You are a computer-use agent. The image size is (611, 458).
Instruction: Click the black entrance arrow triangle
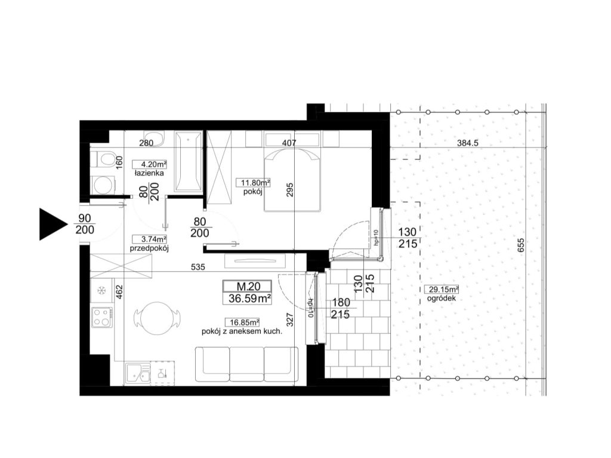[x=51, y=224]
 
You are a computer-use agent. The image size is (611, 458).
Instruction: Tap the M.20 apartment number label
[x=247, y=286]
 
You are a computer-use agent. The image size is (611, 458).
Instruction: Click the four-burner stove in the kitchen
[x=101, y=317]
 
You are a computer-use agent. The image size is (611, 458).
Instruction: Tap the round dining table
[x=157, y=318]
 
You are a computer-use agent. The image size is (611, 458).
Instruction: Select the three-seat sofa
[x=246, y=364]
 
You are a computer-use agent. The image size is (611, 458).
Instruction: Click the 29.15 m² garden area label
[x=441, y=290]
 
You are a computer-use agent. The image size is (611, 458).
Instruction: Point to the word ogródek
[x=441, y=299]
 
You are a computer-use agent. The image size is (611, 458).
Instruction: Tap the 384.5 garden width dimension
[x=467, y=143]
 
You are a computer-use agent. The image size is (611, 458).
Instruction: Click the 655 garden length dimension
[x=521, y=245]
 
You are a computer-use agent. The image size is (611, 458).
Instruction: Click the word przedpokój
[x=149, y=248]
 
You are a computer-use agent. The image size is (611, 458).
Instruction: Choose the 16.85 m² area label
[x=242, y=322]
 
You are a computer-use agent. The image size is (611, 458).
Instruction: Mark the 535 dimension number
[x=198, y=268]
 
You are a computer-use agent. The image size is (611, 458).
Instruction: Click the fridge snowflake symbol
[x=101, y=290]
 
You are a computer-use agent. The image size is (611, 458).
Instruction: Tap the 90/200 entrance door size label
[x=85, y=224]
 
